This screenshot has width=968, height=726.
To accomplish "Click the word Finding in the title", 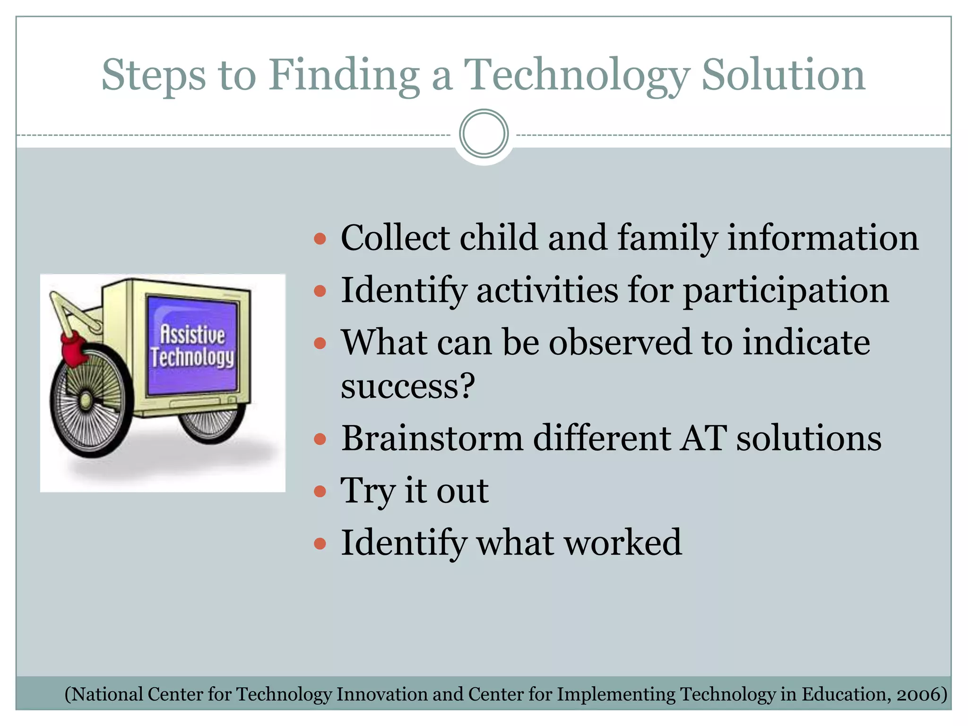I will pyautogui.click(x=344, y=76).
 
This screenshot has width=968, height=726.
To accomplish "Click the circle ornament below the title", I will pyautogui.click(x=484, y=134).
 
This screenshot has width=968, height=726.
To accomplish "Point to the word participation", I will pyautogui.click(x=786, y=291).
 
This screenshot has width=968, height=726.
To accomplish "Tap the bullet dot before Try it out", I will pyautogui.click(x=320, y=491).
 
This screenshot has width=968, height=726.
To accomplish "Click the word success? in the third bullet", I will pyautogui.click(x=407, y=386).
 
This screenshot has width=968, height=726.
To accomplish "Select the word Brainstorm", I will pyautogui.click(x=432, y=438).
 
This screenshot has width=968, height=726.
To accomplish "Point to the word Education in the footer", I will pyautogui.click(x=843, y=694).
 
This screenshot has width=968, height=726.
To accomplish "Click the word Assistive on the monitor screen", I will pyautogui.click(x=192, y=335).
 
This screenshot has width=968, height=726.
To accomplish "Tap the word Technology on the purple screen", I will pyautogui.click(x=192, y=358).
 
